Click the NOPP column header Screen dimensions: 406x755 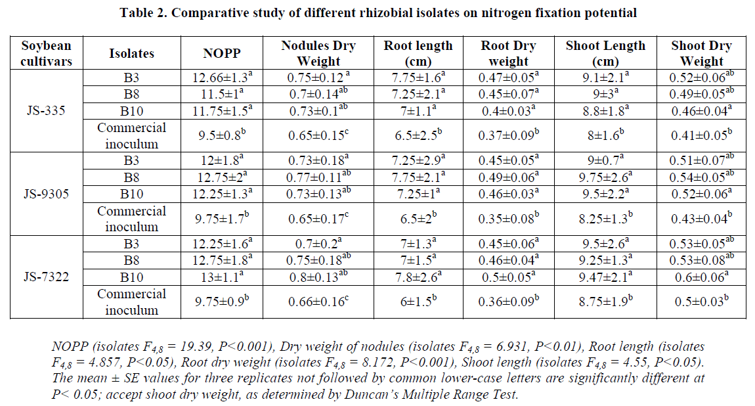[x=223, y=53]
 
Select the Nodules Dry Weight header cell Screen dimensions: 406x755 [x=318, y=53]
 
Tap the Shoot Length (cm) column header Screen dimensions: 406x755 [x=605, y=53]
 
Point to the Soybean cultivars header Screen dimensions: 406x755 [x=46, y=53]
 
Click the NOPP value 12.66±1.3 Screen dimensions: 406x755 [x=223, y=78]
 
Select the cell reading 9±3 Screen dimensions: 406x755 [x=605, y=95]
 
